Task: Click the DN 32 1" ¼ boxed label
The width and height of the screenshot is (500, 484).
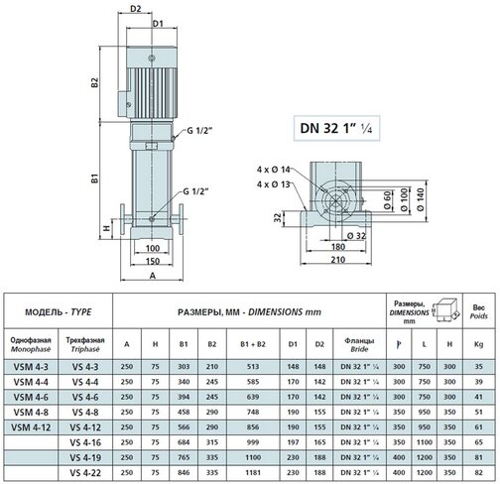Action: pyautogui.click(x=336, y=128)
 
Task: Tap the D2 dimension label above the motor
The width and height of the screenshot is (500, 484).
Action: pyautogui.click(x=136, y=9)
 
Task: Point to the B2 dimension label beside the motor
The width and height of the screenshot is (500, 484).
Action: pyautogui.click(x=95, y=82)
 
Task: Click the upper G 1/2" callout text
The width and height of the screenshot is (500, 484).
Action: pyautogui.click(x=199, y=131)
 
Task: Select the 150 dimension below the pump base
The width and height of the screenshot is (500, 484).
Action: pyautogui.click(x=153, y=261)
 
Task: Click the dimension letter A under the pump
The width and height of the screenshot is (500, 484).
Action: pyautogui.click(x=153, y=276)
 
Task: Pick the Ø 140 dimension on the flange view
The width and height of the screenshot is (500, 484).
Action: pyautogui.click(x=421, y=199)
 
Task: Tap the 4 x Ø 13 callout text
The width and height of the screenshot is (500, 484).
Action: pyautogui.click(x=274, y=184)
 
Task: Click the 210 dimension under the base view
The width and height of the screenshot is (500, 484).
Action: pyautogui.click(x=338, y=260)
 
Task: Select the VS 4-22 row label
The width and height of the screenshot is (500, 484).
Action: pyautogui.click(x=85, y=473)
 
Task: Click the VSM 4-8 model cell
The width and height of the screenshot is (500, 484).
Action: pyautogui.click(x=31, y=413)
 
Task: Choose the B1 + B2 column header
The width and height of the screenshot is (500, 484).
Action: pyautogui.click(x=253, y=344)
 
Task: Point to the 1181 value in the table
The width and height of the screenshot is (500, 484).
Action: pyautogui.click(x=253, y=473)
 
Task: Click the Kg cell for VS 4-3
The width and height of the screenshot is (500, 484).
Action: pyautogui.click(x=478, y=367)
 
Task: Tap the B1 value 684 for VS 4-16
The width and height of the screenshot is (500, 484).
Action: pyautogui.click(x=184, y=442)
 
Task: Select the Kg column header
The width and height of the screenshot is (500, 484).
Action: pyautogui.click(x=478, y=344)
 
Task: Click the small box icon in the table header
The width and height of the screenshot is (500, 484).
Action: pyautogui.click(x=446, y=310)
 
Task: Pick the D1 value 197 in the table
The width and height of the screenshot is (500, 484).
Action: pyautogui.click(x=293, y=442)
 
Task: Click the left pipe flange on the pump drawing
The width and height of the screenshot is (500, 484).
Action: pyautogui.click(x=122, y=219)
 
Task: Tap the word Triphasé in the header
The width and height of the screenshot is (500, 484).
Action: pyautogui.click(x=85, y=349)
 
